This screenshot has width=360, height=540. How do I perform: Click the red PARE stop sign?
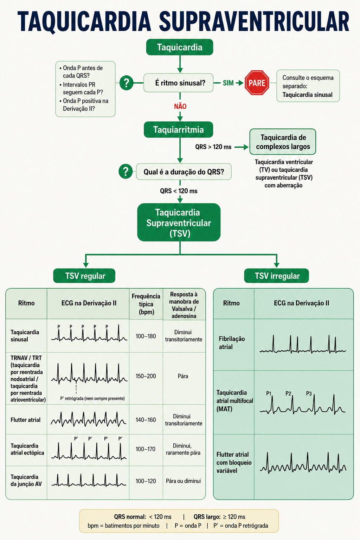click(257, 83)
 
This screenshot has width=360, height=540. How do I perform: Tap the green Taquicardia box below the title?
click(180, 47)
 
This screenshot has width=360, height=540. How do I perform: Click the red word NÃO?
click(180, 106)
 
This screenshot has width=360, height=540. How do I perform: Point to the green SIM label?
click(228, 83)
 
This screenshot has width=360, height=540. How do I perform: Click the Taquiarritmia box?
click(179, 130)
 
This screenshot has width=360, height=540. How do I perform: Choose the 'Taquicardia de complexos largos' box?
click(283, 142)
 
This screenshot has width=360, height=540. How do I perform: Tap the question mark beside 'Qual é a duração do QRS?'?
click(126, 172)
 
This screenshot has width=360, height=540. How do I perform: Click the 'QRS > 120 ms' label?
click(213, 147)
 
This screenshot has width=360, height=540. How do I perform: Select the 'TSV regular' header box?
click(84, 276)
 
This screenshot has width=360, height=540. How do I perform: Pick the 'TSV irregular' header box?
click(277, 276)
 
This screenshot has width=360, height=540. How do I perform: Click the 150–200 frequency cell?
click(146, 376)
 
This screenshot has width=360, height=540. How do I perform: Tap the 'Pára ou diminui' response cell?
click(183, 481)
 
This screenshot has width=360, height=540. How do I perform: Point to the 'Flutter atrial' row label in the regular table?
click(26, 420)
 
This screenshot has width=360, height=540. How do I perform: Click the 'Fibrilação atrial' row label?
click(232, 343)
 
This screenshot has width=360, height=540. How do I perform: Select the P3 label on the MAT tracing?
click(309, 393)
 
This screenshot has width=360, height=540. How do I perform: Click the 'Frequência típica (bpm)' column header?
click(146, 304)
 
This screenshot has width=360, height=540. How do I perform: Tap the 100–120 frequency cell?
click(146, 481)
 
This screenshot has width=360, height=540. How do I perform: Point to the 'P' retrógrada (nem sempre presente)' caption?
click(92, 398)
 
